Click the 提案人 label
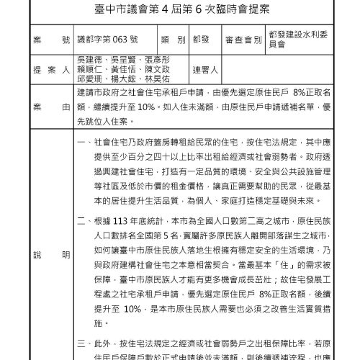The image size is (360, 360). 48,71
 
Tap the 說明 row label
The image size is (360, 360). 48,256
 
